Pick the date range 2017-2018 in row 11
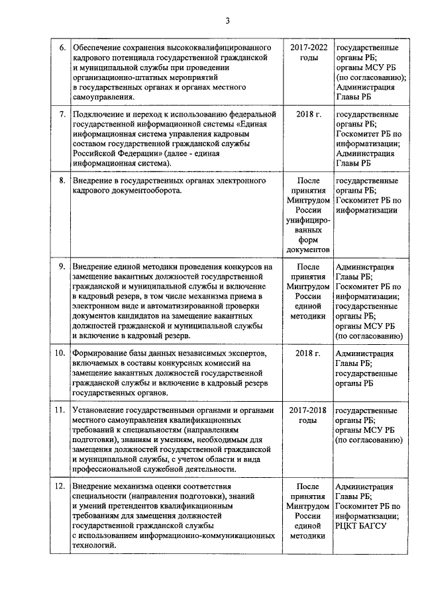(308, 410)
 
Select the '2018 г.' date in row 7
(308, 115)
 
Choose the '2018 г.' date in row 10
(308, 353)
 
